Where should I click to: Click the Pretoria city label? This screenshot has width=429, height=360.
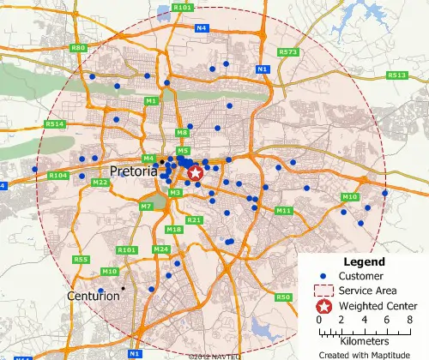(x=134, y=171)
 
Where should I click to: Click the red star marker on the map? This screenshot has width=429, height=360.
(x=195, y=173)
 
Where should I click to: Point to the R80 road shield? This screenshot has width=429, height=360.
(x=78, y=49)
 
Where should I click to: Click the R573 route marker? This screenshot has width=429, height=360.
(x=288, y=52)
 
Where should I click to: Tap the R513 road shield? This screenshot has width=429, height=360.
(x=396, y=75)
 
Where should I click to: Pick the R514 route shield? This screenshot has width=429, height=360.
(x=56, y=124)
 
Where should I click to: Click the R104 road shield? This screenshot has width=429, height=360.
(x=58, y=176)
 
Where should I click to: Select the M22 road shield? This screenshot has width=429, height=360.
(x=100, y=183)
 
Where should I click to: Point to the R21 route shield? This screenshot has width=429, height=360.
(x=195, y=220)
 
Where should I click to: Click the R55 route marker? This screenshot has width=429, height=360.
(x=82, y=259)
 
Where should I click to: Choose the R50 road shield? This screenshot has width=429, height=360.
(x=284, y=297)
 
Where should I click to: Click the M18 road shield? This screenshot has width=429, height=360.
(x=173, y=230)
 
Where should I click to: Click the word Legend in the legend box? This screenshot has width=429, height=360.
(x=363, y=261)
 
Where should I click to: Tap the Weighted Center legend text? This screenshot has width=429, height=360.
(x=378, y=306)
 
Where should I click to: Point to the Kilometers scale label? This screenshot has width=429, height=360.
(x=361, y=340)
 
